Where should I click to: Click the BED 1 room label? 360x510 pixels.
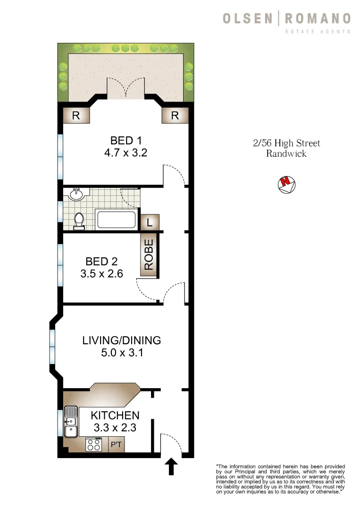(126, 140)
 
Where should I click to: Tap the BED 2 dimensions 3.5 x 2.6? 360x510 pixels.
(101, 273)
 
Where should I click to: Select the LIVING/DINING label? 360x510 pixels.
(121, 340)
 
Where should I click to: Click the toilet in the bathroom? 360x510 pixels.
(79, 221)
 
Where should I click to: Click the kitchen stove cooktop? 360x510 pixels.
(94, 444)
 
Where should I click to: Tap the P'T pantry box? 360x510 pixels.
(116, 445)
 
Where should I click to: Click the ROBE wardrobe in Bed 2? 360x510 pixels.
(149, 255)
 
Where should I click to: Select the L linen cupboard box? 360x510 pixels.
(150, 222)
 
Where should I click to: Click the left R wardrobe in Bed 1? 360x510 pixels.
(75, 115)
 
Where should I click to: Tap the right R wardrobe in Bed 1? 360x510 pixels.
(175, 115)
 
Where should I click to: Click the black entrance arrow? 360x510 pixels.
(171, 467)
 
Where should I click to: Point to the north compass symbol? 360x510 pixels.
(286, 184)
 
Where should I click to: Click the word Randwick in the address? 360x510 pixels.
(286, 154)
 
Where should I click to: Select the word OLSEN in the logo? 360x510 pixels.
(247, 18)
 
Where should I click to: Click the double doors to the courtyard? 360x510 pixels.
(126, 89)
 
